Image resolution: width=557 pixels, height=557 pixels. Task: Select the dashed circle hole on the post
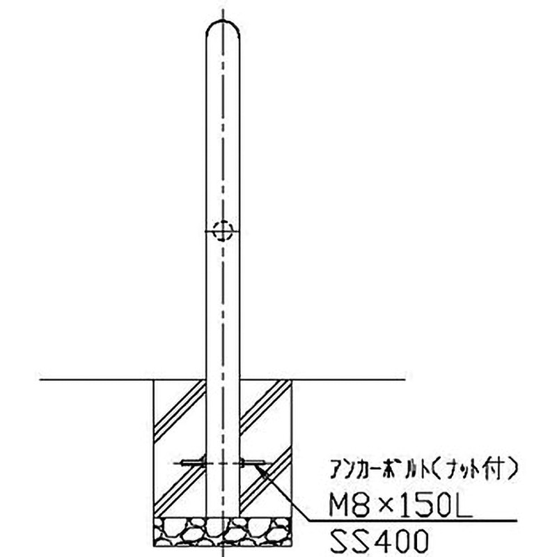(223, 230)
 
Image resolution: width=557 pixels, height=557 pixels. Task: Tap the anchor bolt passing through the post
(223, 462)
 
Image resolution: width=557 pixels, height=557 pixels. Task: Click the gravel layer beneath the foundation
(223, 532)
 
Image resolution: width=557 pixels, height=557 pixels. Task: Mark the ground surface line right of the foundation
(348, 380)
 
